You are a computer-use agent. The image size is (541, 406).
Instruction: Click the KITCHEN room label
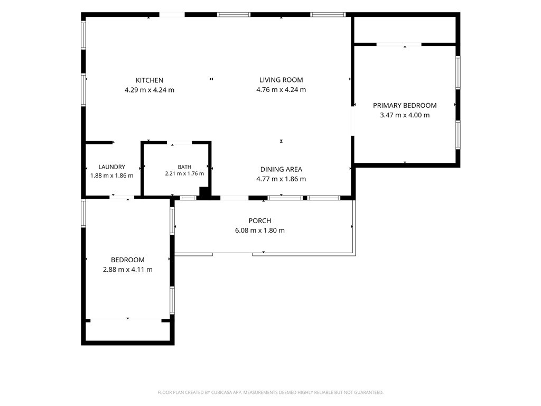click(x=150, y=80)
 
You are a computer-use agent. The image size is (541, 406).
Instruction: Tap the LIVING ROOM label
click(x=281, y=80)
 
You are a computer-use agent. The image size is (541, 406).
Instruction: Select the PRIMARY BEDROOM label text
click(x=405, y=106)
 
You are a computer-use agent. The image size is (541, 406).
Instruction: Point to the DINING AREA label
click(x=281, y=170)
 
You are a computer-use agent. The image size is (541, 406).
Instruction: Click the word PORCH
click(x=260, y=221)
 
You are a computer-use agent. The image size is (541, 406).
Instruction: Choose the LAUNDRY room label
click(x=112, y=167)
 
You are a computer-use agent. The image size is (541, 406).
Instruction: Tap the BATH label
click(x=184, y=167)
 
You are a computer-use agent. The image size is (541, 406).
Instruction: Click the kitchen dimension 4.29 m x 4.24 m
click(x=150, y=90)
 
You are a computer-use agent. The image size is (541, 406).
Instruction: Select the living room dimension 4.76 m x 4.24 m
click(x=281, y=90)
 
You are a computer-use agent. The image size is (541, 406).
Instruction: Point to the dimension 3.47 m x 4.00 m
click(x=405, y=115)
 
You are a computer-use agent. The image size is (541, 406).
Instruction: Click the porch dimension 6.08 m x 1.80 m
click(x=260, y=230)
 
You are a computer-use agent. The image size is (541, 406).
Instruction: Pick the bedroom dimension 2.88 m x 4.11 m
click(x=128, y=270)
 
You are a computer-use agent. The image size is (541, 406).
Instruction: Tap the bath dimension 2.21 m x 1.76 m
click(x=184, y=173)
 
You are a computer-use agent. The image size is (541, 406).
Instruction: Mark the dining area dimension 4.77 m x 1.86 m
click(x=281, y=179)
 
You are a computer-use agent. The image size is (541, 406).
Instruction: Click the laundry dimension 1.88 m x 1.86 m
click(x=112, y=176)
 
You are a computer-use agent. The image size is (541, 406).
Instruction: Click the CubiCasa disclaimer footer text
click(x=270, y=393)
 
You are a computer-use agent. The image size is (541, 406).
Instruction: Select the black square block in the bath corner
click(x=204, y=192)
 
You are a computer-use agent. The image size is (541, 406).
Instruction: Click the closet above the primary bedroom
click(x=405, y=30)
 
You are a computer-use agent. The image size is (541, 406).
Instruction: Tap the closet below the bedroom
click(x=128, y=331)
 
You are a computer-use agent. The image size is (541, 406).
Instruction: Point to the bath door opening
click(x=180, y=143)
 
